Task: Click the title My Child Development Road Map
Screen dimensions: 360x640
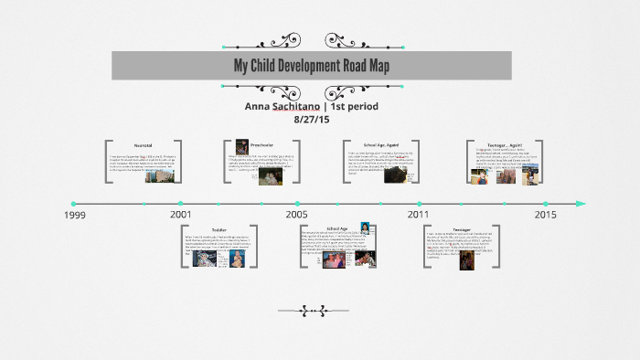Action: (x=312, y=65)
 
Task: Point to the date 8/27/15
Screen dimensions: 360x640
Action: (x=312, y=119)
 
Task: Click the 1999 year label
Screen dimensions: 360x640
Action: (x=76, y=215)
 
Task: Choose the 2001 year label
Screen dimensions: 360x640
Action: (x=181, y=215)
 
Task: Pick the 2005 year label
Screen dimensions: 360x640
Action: (x=296, y=215)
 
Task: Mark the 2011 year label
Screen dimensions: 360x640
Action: (x=418, y=215)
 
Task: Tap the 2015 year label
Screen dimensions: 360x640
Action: (x=545, y=215)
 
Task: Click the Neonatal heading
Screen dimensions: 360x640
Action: (x=144, y=145)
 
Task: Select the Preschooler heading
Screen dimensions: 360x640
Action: (x=265, y=144)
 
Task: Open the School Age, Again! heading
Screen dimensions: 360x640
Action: (x=382, y=145)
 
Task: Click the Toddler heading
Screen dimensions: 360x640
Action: (x=219, y=230)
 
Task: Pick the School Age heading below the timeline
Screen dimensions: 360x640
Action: (x=337, y=228)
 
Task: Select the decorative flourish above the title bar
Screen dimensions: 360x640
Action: (x=313, y=41)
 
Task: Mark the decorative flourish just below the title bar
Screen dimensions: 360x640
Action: (x=313, y=87)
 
